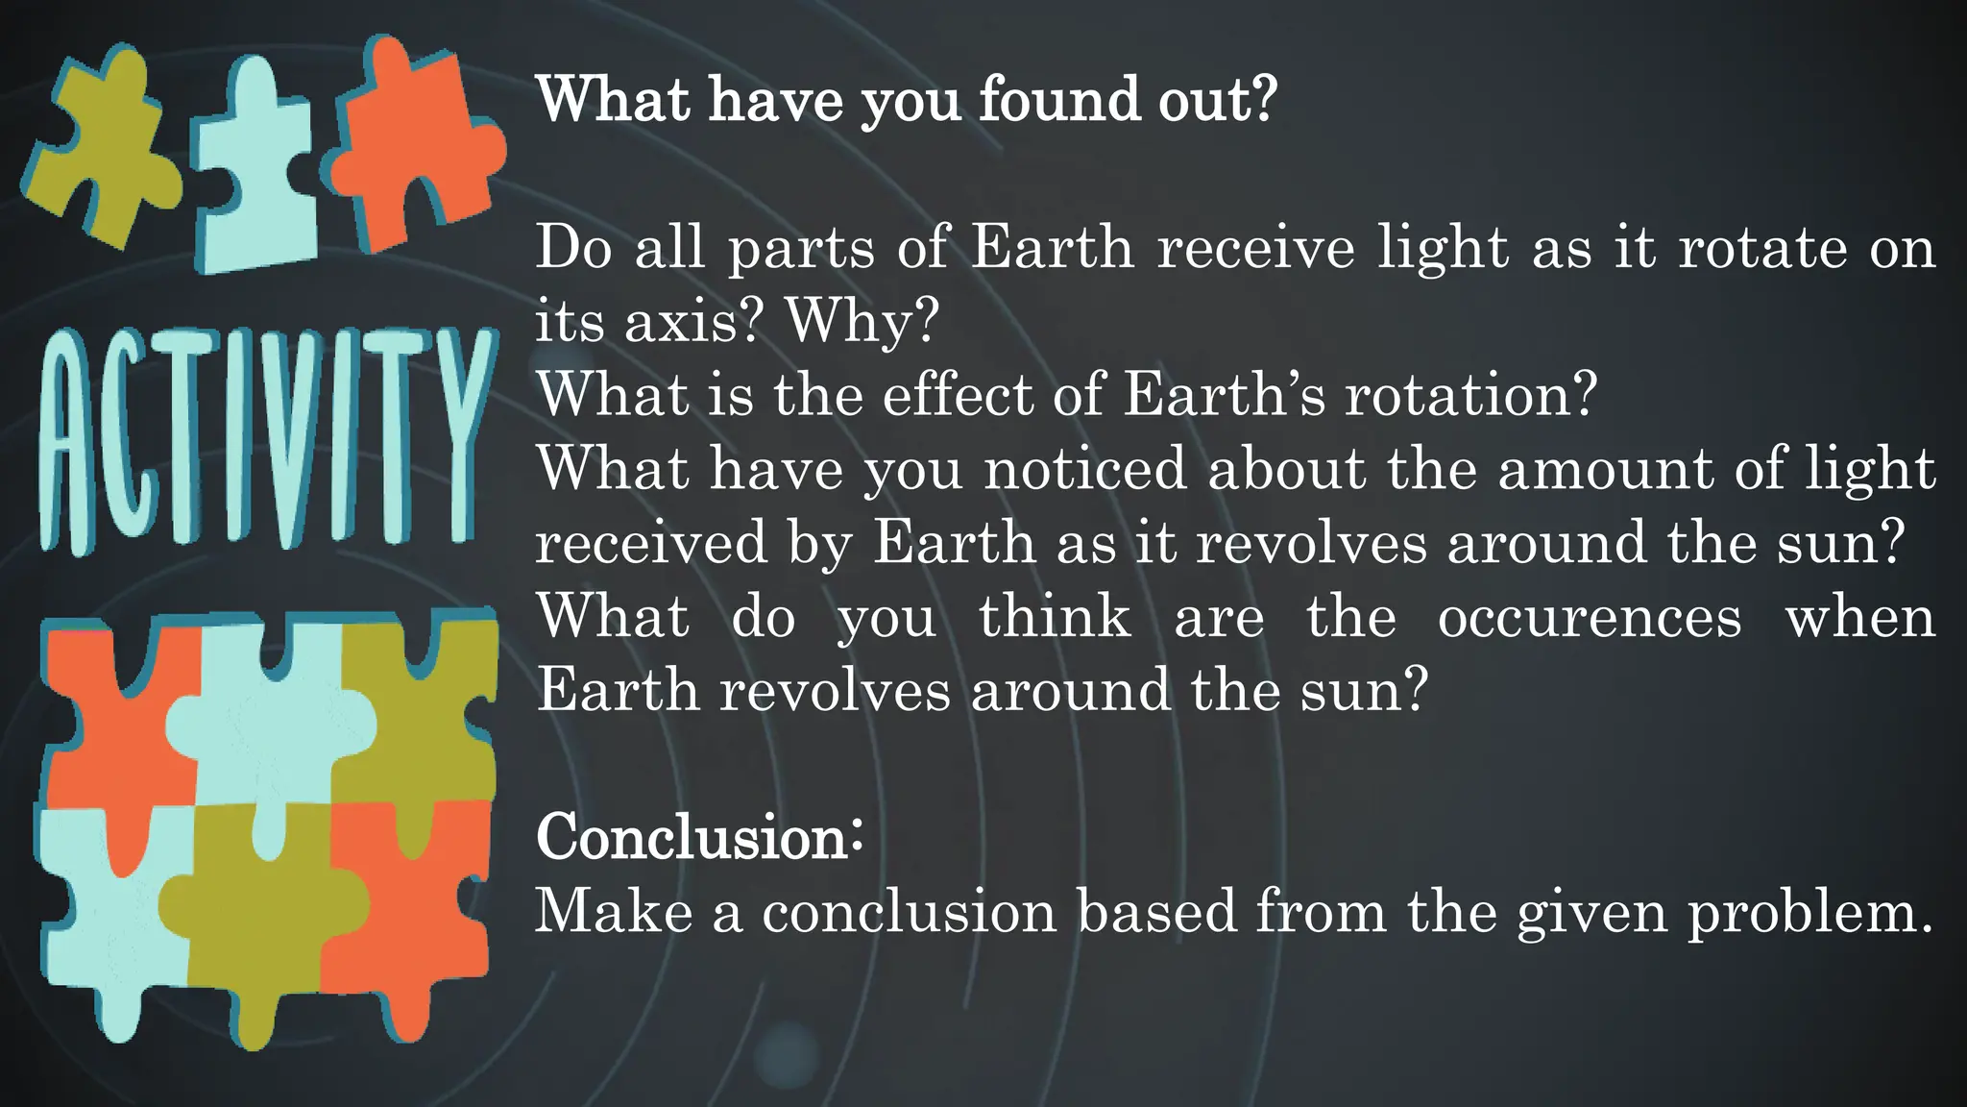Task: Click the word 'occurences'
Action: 1589,616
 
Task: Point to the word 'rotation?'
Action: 1469,394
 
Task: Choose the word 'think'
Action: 1054,616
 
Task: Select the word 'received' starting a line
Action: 651,542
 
